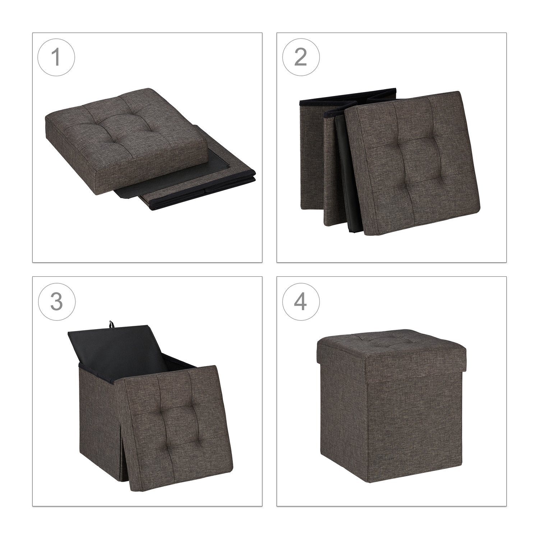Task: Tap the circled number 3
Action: [x=56, y=301]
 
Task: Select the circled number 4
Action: [x=301, y=301]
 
